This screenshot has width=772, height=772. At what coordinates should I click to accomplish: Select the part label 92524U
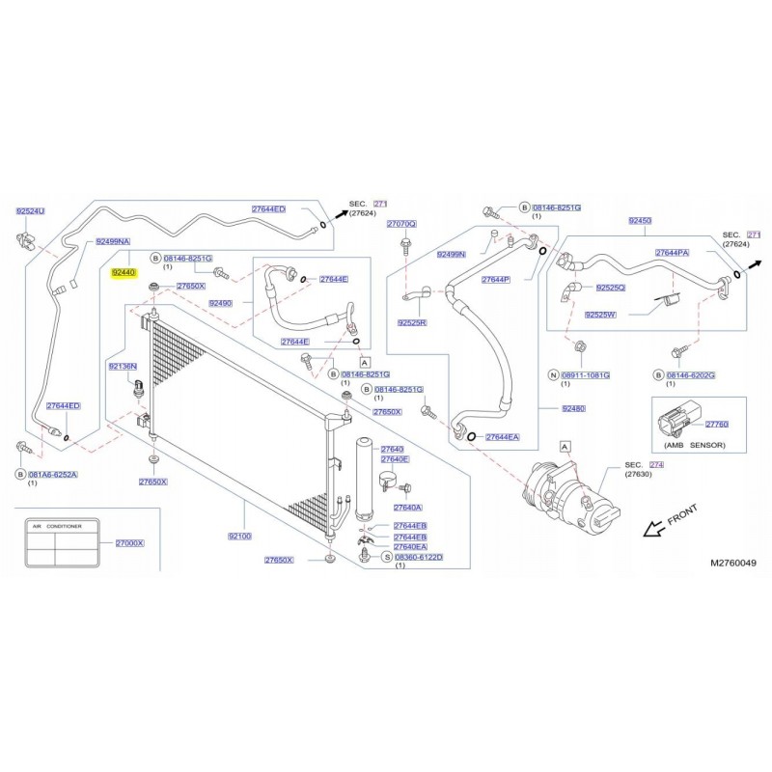coord(31,210)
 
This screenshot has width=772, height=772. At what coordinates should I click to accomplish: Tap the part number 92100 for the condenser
coord(238,536)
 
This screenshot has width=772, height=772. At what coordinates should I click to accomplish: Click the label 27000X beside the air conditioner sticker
coord(129,543)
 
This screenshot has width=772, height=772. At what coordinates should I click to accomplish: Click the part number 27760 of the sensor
coord(717,424)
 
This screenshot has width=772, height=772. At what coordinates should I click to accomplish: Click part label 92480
coord(575,408)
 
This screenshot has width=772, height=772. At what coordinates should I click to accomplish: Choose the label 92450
coord(641,221)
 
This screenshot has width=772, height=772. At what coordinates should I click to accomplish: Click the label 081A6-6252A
coord(52,474)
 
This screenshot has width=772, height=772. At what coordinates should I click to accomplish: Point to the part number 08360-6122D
coord(419,558)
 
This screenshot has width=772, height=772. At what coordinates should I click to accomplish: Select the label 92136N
coord(123,367)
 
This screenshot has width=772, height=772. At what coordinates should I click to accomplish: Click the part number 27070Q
coord(401,224)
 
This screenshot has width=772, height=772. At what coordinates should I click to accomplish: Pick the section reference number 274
coord(657,464)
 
